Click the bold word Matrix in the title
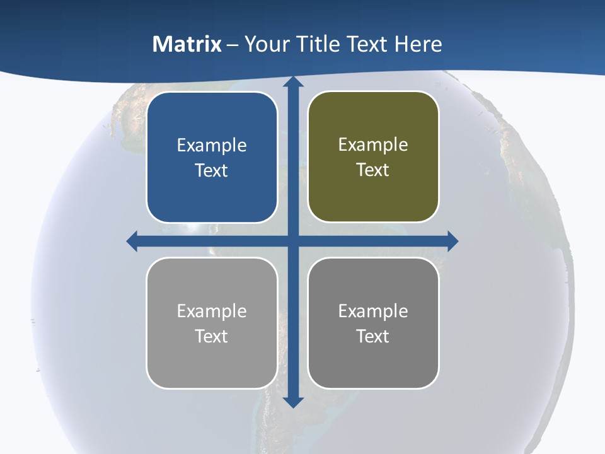coord(187,44)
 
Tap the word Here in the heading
coord(418,44)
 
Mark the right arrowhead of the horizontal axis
coord(452,241)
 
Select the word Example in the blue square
coord(212,146)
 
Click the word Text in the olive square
coord(373,170)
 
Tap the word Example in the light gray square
coord(212,311)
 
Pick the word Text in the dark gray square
coord(373,337)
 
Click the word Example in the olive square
coord(373,145)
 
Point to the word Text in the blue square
coord(212,171)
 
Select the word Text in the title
coord(367,44)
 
